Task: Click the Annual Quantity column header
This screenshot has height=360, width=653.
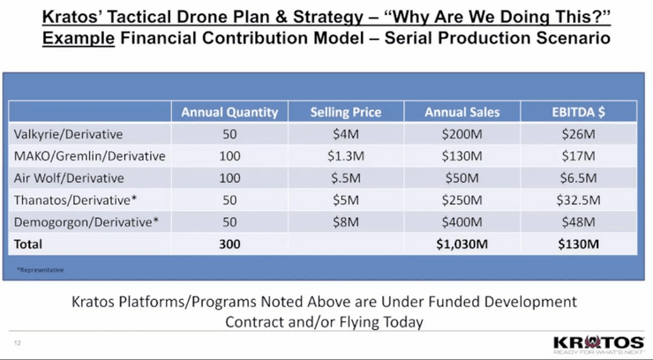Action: coord(229,112)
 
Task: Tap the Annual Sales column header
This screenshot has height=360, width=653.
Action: coord(462,112)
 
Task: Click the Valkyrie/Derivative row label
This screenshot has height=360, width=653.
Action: coord(68,134)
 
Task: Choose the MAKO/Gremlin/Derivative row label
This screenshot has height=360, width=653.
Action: coord(90,155)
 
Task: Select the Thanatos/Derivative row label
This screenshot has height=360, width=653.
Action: coord(75,199)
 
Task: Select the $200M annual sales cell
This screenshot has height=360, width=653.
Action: coord(462,134)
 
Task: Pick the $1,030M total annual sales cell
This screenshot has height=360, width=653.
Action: coord(462,243)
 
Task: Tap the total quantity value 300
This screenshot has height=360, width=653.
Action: coord(229,243)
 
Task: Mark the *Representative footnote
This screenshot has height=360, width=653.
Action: coord(40,269)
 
